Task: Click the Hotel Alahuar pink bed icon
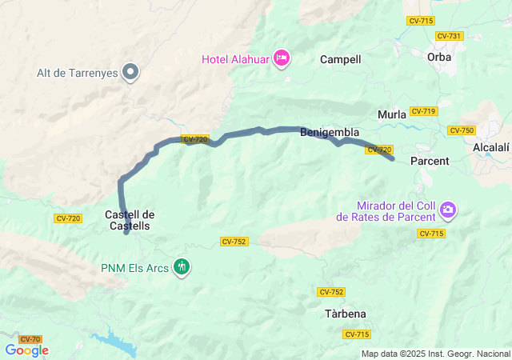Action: click(281, 58)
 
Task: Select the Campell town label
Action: click(341, 59)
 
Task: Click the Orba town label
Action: click(439, 57)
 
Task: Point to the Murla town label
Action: click(392, 114)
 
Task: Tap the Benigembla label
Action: click(330, 132)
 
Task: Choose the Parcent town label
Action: click(430, 161)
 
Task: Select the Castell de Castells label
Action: click(129, 220)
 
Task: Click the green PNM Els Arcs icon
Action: click(182, 267)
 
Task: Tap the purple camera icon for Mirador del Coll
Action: click(448, 210)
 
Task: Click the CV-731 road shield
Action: click(449, 36)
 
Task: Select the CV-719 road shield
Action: click(422, 111)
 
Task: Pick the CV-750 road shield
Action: click(462, 130)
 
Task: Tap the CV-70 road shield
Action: click(30, 339)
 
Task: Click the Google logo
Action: click(26, 350)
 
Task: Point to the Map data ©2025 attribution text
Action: click(434, 354)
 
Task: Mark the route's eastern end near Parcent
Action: click(393, 159)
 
